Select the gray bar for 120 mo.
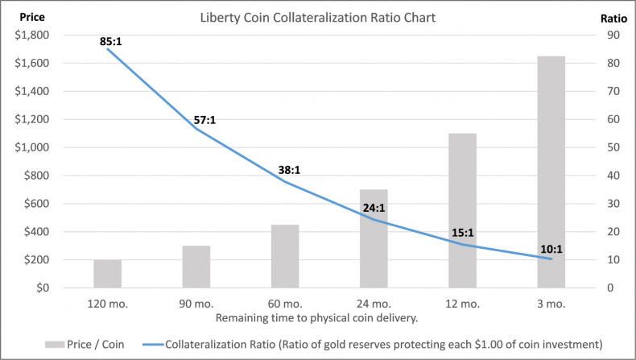[107, 274]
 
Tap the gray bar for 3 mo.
[551, 172]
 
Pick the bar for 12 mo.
[462, 211]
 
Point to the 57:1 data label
[204, 121]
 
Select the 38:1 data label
[290, 170]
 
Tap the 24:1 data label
[374, 207]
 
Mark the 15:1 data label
[462, 233]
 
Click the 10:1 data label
[551, 249]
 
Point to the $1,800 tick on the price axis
[30, 35]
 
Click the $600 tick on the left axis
[35, 204]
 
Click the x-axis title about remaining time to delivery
[317, 317]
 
